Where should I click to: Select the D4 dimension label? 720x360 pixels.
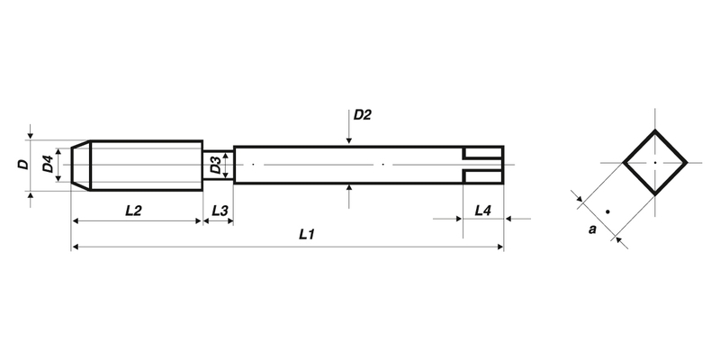click(47, 165)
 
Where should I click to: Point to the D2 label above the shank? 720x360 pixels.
click(362, 115)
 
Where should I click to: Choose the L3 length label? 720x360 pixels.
click(219, 211)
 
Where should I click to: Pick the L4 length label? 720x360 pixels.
click(482, 211)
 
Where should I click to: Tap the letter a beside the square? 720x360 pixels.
click(591, 230)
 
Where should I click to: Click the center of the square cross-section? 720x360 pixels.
click(655, 163)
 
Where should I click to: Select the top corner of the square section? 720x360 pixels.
click(655, 130)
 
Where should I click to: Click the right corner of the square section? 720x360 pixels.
click(688, 163)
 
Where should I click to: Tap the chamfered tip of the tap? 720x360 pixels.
click(79, 165)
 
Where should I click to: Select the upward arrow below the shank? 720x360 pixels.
click(348, 192)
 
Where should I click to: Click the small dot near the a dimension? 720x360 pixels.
click(609, 211)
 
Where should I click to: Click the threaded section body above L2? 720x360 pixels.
click(144, 165)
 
